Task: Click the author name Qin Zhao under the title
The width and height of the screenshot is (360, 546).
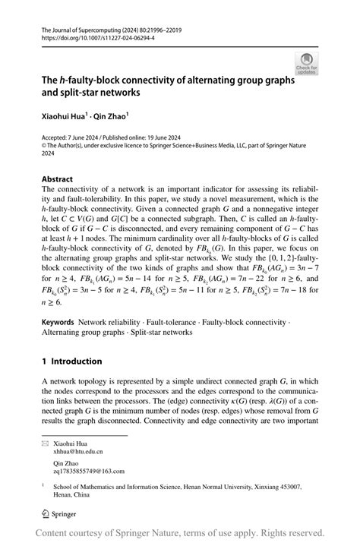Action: [112, 117]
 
